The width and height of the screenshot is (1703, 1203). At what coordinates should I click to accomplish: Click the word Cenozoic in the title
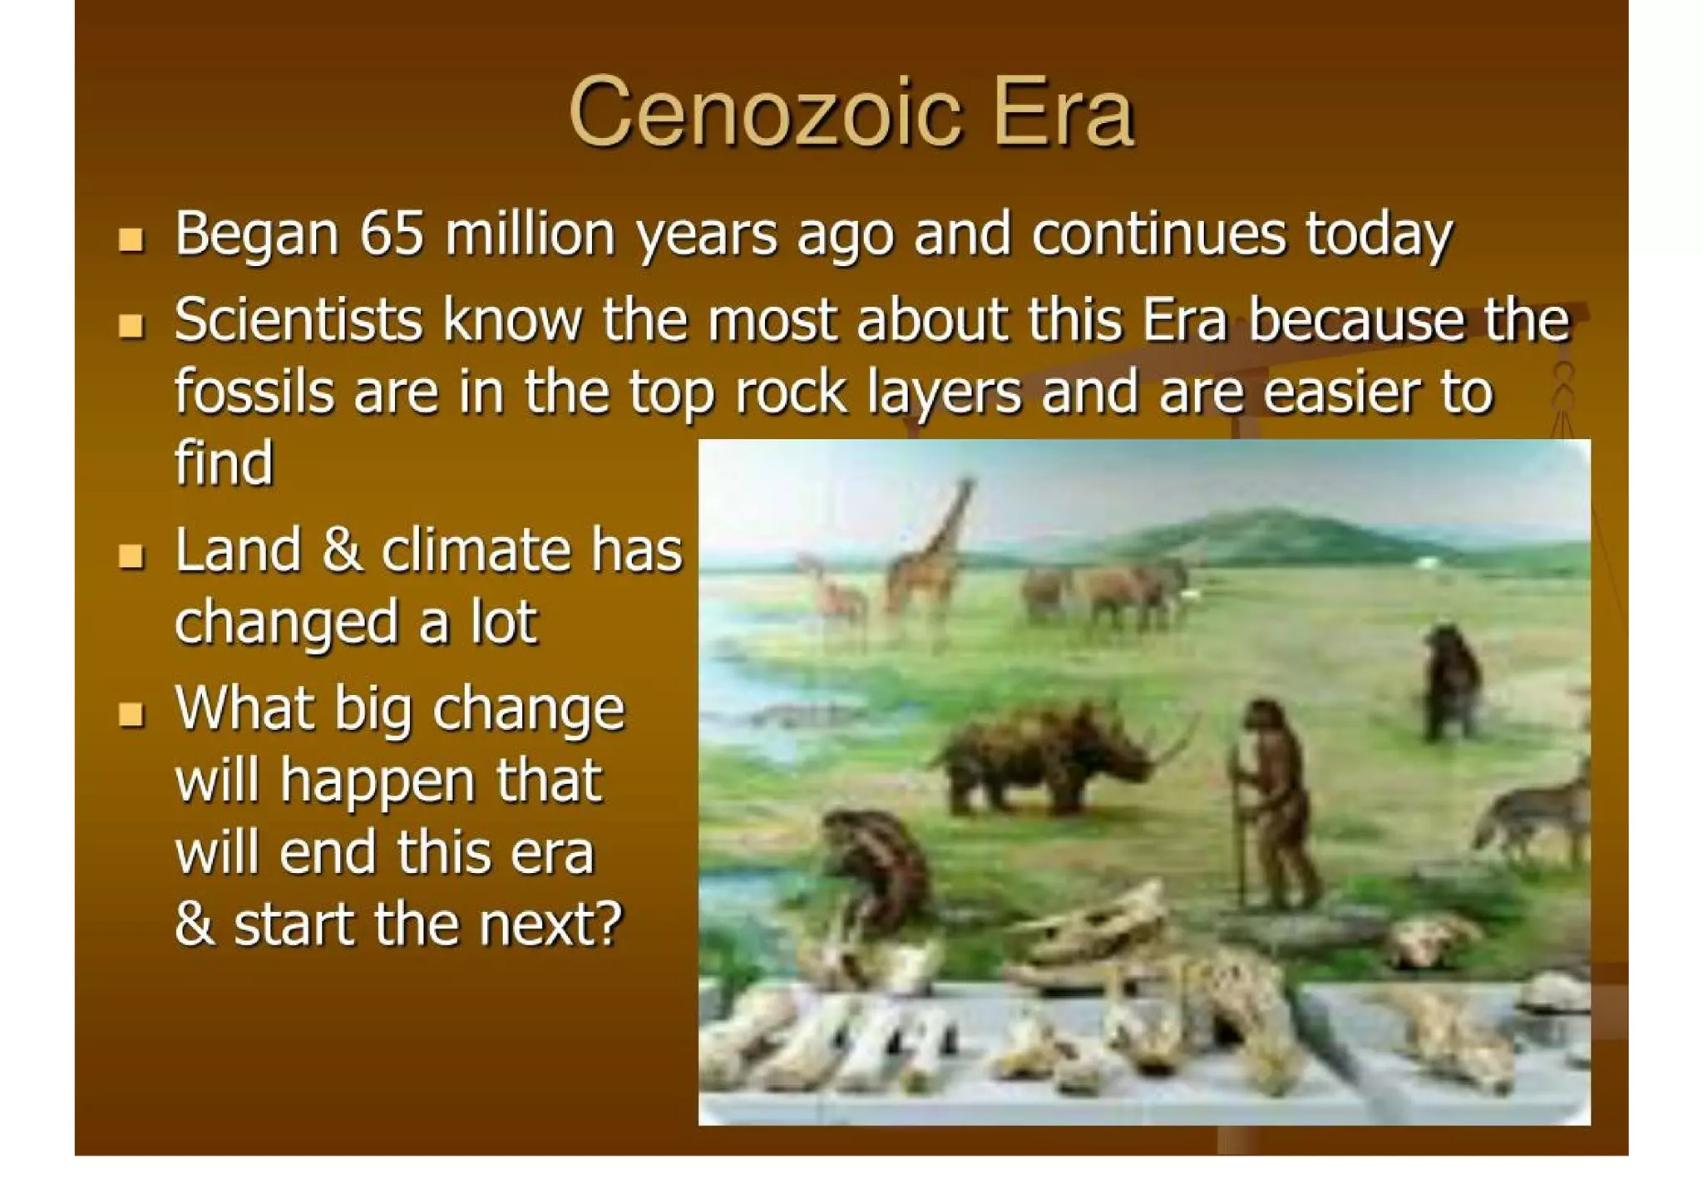(764, 112)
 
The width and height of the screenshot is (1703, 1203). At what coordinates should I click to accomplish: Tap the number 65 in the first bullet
(392, 234)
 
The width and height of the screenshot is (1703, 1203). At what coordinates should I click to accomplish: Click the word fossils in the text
(254, 392)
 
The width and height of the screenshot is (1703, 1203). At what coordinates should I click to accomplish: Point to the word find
(223, 463)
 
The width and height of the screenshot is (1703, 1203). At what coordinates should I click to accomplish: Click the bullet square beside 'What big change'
(131, 714)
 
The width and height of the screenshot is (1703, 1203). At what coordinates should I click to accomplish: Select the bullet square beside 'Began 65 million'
(131, 239)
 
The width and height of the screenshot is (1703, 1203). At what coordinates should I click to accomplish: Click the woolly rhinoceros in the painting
(1048, 757)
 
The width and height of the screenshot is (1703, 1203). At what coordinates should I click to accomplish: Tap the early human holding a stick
(1272, 798)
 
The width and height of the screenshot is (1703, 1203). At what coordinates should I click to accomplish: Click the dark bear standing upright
(1451, 682)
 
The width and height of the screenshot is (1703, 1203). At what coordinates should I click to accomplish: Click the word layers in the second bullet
(943, 392)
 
